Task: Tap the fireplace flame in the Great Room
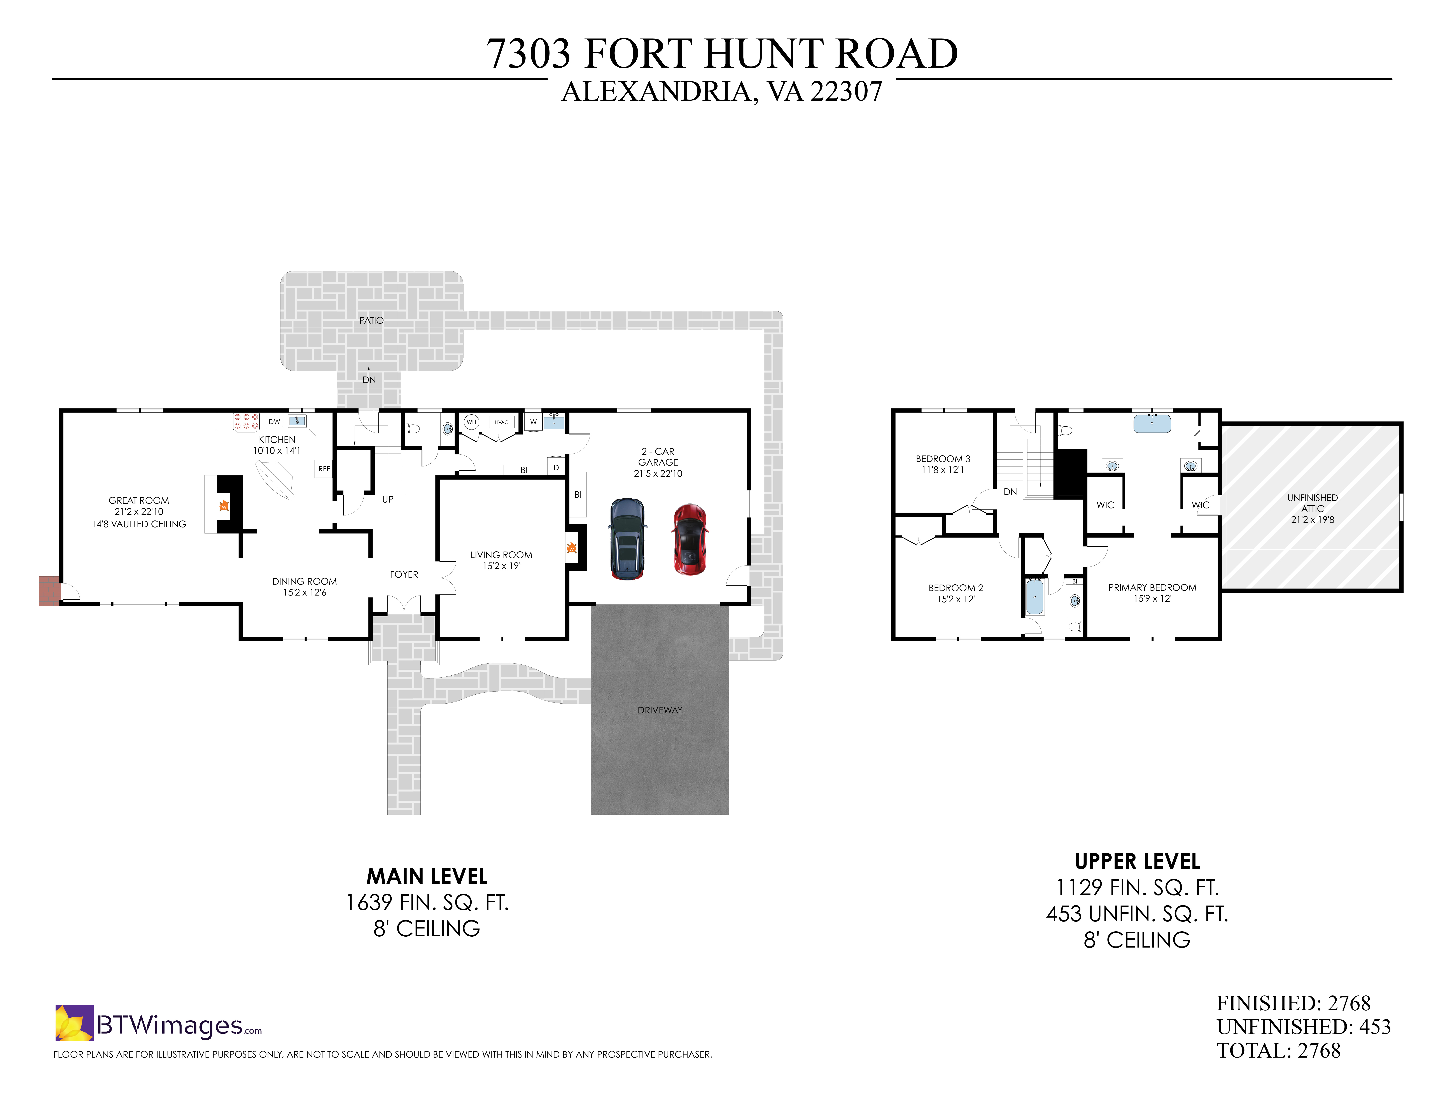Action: pos(224,506)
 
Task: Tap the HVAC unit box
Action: pos(502,422)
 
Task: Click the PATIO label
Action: pos(371,320)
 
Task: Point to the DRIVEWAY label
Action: pos(659,710)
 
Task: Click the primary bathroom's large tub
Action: pos(1152,424)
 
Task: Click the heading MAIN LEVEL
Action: pos(427,876)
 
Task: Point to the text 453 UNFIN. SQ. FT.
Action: pos(1137,914)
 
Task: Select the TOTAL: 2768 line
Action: pos(1278,1051)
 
